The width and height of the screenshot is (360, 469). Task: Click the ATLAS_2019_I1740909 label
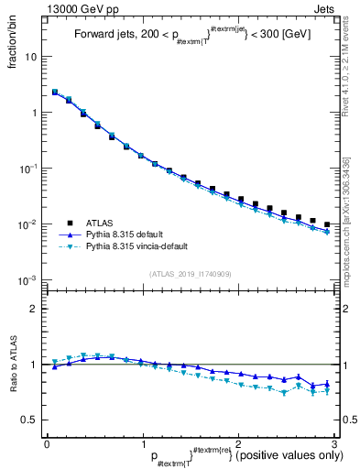[191, 274]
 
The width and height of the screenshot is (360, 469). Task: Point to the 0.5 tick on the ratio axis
[32, 420]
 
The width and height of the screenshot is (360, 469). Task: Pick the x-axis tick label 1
[142, 442]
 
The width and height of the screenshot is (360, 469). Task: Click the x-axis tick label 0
[47, 442]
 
